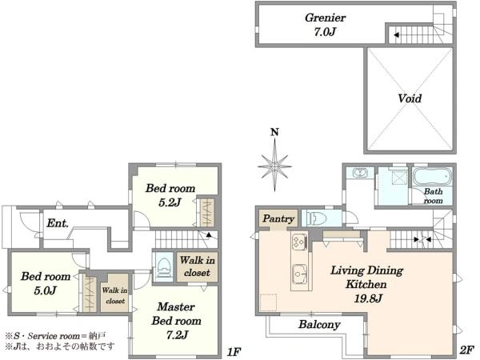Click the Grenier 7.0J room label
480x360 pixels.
click(325, 25)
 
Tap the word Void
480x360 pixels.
click(410, 98)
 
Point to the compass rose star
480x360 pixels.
click(274, 166)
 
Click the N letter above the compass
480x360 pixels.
click(275, 132)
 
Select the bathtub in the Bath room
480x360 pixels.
click(432, 177)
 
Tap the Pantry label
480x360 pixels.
click(278, 218)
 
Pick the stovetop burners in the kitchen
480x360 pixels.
click(299, 241)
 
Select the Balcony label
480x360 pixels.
click(319, 325)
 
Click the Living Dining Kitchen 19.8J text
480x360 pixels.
click(366, 284)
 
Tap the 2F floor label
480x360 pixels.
click(466, 350)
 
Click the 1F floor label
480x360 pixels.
click(234, 352)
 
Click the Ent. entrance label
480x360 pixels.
click(58, 223)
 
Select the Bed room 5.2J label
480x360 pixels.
click(170, 195)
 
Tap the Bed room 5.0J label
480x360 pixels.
click(46, 283)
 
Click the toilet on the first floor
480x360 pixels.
click(164, 267)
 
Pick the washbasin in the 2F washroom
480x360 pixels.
click(359, 173)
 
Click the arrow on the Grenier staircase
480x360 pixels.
click(396, 35)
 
